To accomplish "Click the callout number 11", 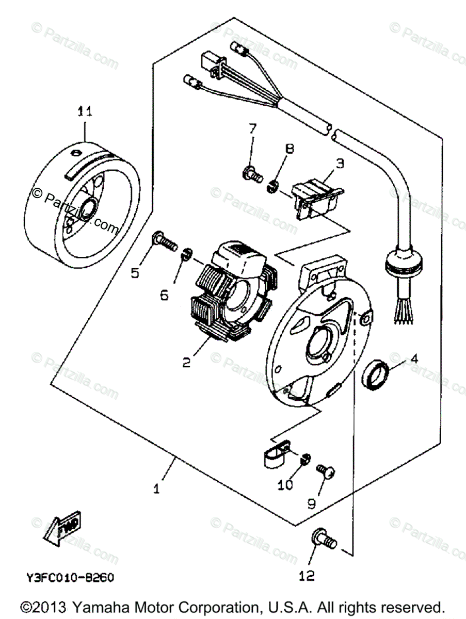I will point(85,111).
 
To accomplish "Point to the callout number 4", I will point(414,357).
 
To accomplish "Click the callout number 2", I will point(186,362).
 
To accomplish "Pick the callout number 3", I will point(340,164).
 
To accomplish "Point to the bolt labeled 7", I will point(251,174).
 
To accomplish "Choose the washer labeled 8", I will point(274,185).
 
